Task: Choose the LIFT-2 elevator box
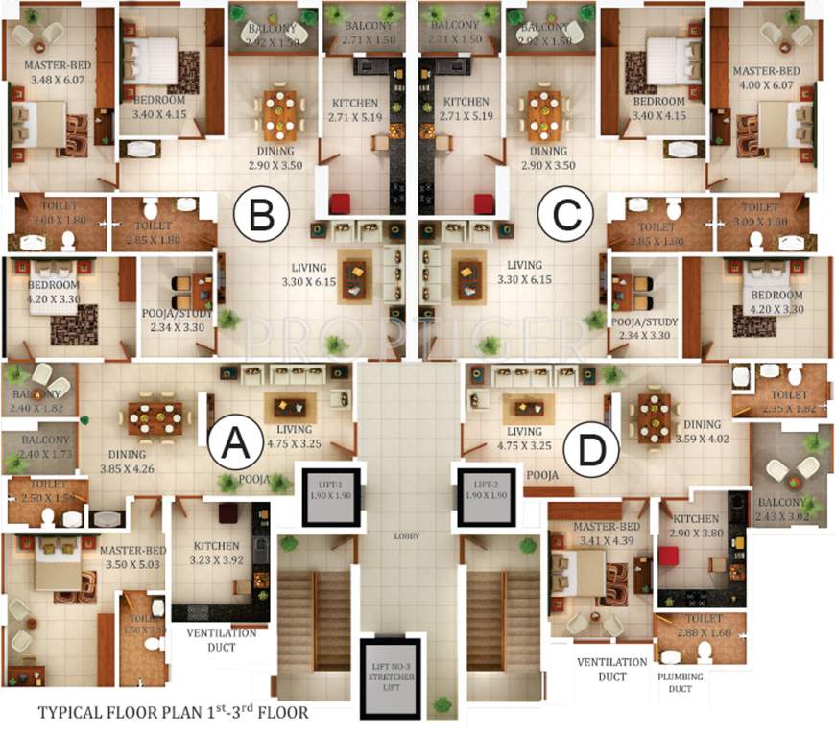(486, 497)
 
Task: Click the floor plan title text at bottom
(173, 713)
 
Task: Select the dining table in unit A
(155, 417)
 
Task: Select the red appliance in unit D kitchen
(668, 557)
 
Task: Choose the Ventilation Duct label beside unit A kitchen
(221, 640)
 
